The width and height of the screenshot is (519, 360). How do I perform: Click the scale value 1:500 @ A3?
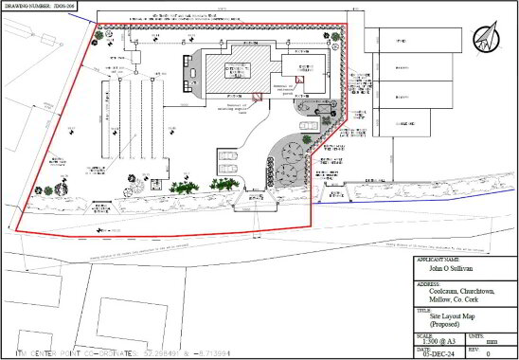pos(438,343)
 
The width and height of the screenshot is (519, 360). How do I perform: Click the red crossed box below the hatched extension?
pos(256,98)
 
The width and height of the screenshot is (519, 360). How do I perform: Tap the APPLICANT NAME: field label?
pos(439,259)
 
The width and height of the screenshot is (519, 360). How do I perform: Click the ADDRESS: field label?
pos(428,282)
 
